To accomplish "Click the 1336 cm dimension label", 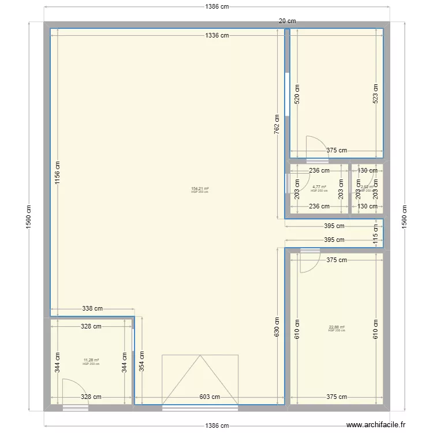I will (x=216, y=36).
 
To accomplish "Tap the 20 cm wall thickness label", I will (x=287, y=21).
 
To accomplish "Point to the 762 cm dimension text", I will (x=277, y=124).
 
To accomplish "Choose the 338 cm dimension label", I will (x=92, y=309).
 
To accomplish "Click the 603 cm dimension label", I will (x=210, y=397).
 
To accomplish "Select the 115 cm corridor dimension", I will (x=376, y=233).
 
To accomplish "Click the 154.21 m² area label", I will (x=200, y=189).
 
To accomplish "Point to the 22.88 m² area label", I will (x=336, y=327).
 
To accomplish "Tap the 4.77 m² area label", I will (x=319, y=187).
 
